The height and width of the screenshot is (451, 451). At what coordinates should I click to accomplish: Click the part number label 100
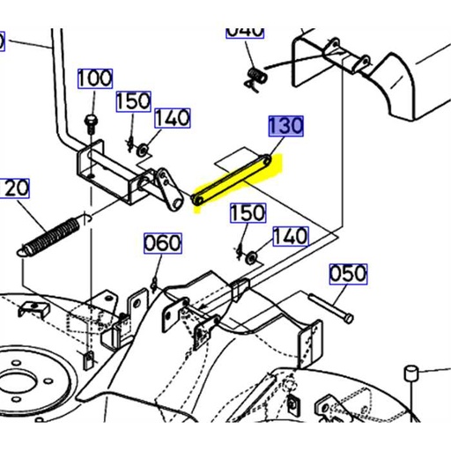tap(94, 78)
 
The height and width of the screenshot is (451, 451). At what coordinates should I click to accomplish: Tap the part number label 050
tap(348, 274)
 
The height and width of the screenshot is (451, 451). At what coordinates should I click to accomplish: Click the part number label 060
tap(163, 243)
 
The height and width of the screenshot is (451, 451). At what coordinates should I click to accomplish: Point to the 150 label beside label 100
tap(134, 101)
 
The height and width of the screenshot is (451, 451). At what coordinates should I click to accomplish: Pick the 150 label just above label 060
tap(248, 213)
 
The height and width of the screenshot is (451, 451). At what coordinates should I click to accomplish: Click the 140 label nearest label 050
tap(290, 236)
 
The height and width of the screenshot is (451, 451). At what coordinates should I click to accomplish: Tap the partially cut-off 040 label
tap(245, 32)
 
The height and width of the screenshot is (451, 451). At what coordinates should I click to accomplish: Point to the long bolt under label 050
tap(331, 308)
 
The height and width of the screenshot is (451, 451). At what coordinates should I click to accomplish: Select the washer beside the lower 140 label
tap(253, 257)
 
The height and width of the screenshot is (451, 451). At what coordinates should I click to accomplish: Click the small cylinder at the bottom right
tap(410, 373)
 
